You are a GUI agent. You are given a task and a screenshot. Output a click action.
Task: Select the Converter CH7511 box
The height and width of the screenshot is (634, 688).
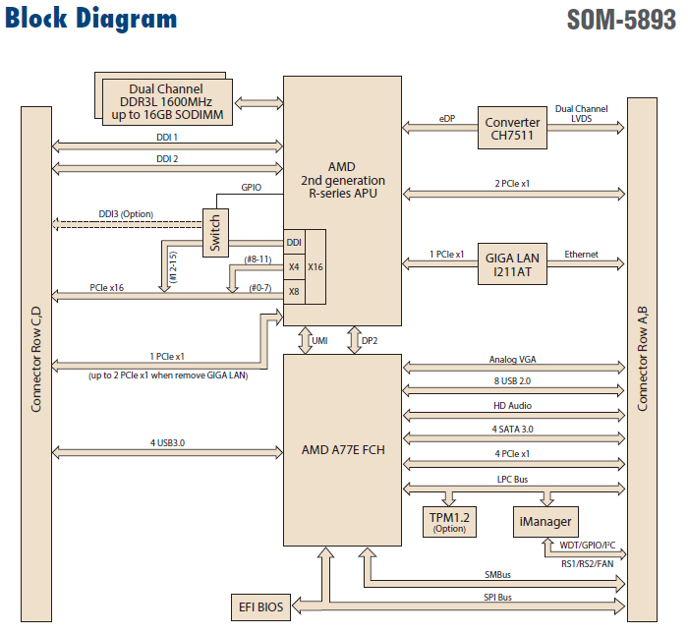pos(513,130)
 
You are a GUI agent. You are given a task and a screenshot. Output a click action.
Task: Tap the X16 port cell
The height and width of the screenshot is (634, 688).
pos(315,266)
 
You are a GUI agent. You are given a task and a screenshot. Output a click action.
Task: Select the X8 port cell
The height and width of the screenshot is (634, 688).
pos(293,292)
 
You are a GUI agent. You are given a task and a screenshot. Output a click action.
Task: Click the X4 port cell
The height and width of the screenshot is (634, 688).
pos(293,266)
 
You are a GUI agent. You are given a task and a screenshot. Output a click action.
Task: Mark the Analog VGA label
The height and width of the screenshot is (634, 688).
pos(513,360)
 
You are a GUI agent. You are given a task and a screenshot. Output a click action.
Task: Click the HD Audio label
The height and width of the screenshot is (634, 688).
pos(513,405)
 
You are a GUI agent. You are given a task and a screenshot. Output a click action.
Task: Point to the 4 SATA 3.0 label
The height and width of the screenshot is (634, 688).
pos(513,429)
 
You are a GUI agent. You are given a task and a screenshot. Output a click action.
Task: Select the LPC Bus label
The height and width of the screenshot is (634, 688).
pos(513,478)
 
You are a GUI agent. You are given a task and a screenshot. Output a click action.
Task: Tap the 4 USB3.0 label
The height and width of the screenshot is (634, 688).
pos(167,443)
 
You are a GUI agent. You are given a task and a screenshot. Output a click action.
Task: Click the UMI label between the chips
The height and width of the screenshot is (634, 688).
pos(319,340)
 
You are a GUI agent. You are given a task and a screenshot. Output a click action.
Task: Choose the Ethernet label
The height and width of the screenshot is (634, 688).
pos(581,255)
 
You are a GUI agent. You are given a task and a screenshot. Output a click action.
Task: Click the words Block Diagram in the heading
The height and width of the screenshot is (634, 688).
pos(91,19)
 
